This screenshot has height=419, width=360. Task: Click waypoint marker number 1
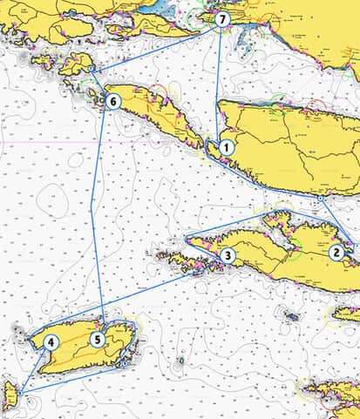coord(226,148)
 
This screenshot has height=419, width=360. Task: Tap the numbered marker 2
coord(336,253)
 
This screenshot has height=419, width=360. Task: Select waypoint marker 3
coord(227,255)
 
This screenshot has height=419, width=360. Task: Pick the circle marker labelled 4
coord(51,342)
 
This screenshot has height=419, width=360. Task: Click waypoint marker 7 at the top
coord(223,18)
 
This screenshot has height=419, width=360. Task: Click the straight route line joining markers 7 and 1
coord(219,83)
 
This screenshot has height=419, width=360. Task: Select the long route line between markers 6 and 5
coord(98,218)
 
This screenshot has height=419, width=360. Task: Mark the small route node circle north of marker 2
coord(320,199)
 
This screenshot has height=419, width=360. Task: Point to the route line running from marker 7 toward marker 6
coord(157,44)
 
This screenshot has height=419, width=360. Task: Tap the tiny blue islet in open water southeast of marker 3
coord(291,315)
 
